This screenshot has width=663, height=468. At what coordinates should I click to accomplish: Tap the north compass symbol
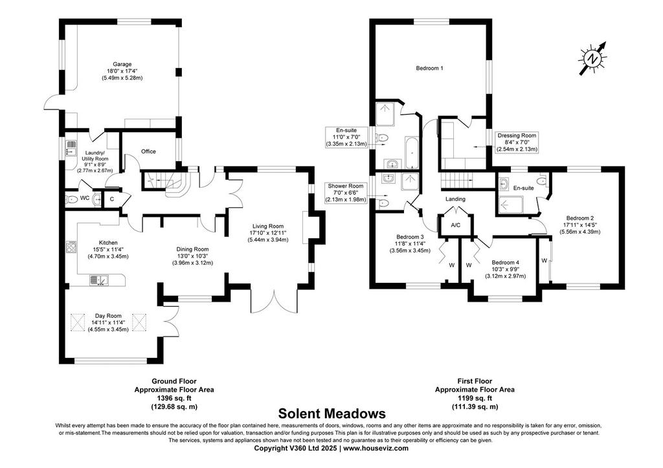594,58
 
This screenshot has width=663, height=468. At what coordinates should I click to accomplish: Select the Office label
148,151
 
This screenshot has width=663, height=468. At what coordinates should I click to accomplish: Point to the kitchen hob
71,247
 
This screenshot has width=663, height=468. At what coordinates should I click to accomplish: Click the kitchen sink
98,280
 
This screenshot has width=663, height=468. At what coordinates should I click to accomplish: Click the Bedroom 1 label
430,68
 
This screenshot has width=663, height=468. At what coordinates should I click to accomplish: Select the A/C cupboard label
455,225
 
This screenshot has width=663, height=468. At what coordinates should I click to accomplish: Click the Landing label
455,199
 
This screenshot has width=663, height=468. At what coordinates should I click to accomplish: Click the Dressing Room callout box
517,142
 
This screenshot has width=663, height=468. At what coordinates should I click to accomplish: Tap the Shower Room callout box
346,192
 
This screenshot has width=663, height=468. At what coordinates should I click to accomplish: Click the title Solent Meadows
331,413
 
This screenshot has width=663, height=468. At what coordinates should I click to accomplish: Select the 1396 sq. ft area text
174,398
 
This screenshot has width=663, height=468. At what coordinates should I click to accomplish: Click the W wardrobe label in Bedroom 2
544,260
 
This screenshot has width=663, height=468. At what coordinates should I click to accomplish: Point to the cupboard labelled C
112,199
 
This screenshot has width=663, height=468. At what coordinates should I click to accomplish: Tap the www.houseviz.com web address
376,448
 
